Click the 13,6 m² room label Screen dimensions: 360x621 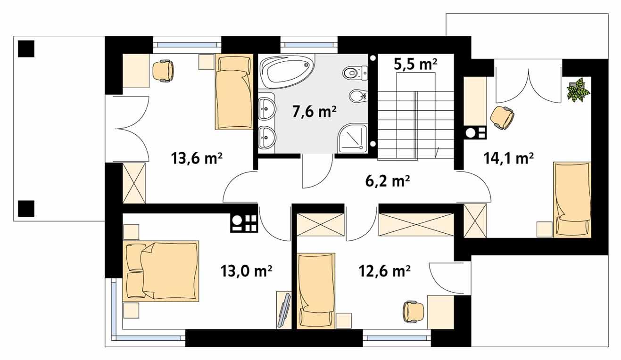[197, 159]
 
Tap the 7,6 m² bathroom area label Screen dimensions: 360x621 [313, 112]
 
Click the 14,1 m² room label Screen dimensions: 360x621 [508, 158]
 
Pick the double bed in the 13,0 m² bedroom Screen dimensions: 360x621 [160, 270]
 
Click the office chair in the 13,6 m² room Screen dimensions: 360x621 [163, 70]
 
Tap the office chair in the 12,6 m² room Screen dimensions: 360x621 [414, 311]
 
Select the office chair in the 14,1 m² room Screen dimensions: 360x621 [502, 117]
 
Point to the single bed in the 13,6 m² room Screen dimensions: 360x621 [234, 91]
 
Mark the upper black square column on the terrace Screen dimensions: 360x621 [26, 49]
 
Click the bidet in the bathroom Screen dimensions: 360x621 [358, 97]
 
